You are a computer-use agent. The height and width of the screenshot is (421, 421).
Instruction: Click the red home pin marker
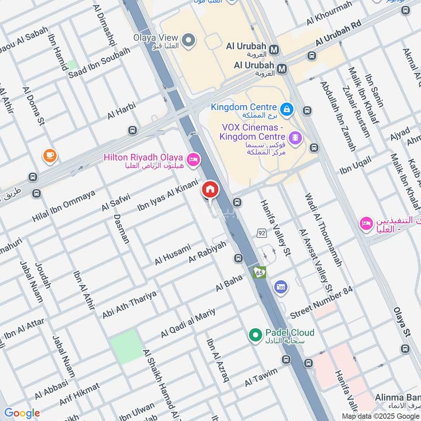tap(210, 189)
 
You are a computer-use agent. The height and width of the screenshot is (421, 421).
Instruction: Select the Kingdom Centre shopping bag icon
tap(286, 109)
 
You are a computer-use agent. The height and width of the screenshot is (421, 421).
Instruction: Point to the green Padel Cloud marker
tap(255, 334)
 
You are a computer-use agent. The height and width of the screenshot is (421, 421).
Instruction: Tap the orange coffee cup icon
tap(49, 155)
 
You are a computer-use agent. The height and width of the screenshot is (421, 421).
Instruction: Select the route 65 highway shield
tap(259, 272)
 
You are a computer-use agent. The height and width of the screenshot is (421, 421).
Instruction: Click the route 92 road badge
tap(262, 232)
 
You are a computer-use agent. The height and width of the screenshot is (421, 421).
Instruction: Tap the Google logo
tap(22, 413)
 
